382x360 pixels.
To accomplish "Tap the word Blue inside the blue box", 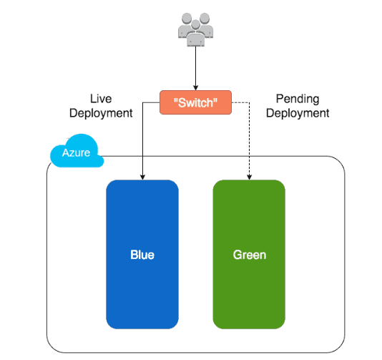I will [x=142, y=255].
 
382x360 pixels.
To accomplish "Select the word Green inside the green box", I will [x=249, y=255].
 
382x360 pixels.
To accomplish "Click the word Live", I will [x=101, y=98].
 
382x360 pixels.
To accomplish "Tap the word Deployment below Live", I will [x=101, y=113].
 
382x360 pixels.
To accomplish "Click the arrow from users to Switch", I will [x=196, y=68].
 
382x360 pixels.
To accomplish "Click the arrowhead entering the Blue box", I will [x=142, y=176].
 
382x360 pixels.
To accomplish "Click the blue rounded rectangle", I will [x=142, y=215].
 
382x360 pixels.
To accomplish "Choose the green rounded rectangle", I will [x=249, y=215].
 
